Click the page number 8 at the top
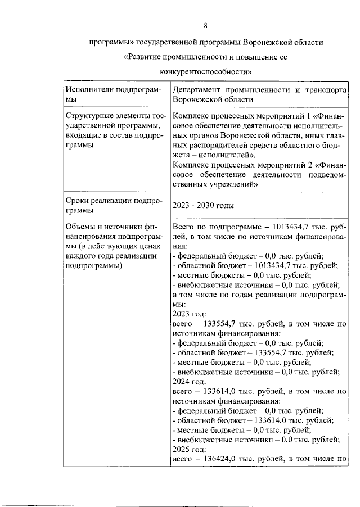click(x=205, y=25)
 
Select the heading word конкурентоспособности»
click(x=205, y=71)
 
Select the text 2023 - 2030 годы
click(x=202, y=206)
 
